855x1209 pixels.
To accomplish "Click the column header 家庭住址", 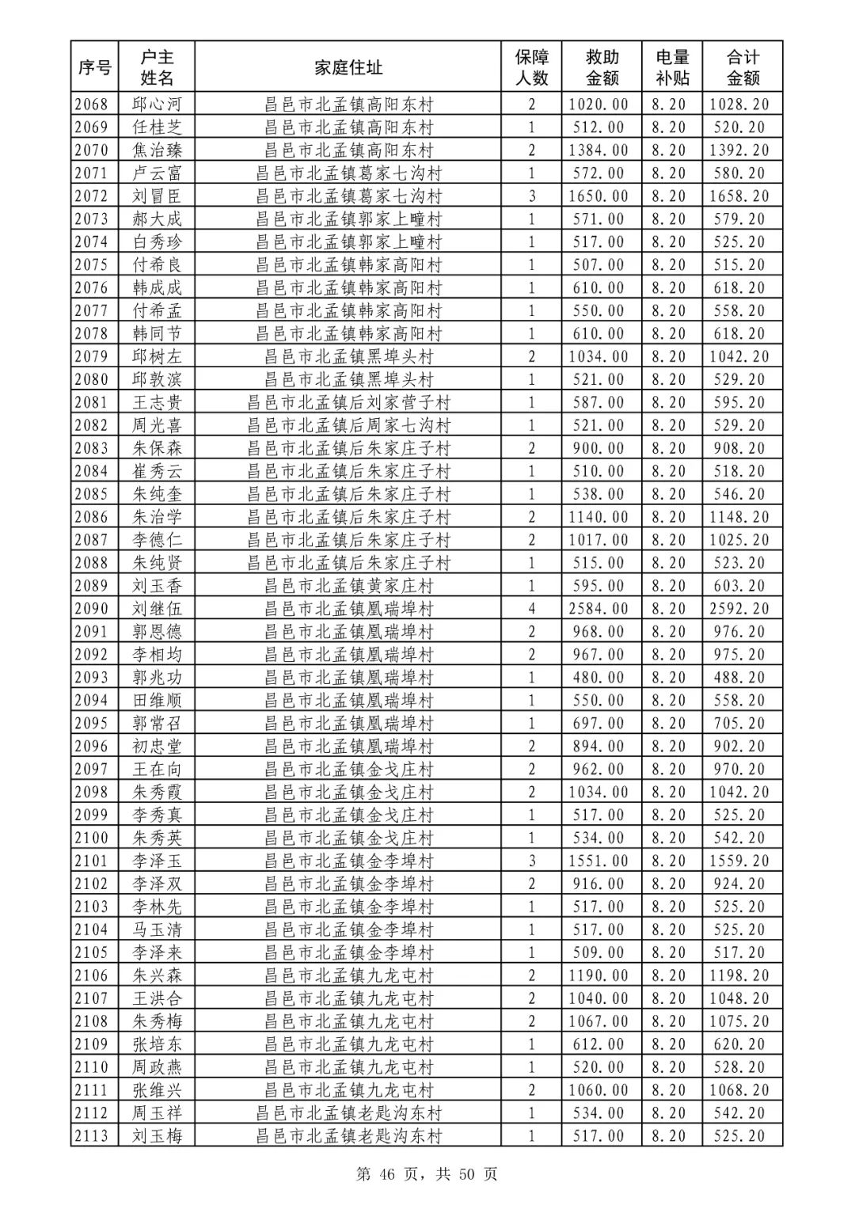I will pos(348,68).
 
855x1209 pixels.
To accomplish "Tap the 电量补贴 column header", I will pos(672,68).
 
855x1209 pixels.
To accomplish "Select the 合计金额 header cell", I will pos(743,68).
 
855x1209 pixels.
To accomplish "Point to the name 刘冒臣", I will pos(157,196).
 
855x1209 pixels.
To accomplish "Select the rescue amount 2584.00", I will pos(598,609).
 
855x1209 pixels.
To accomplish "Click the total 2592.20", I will pos(739,609).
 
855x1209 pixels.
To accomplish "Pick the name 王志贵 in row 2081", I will pos(157,402).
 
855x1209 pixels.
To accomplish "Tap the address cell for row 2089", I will pos(348,586).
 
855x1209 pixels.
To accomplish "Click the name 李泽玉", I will pos(157,861).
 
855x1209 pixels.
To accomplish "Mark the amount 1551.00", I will pos(598,861).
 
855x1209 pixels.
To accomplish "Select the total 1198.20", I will pos(739,975).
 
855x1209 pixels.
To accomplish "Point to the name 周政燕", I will pos(157,1067).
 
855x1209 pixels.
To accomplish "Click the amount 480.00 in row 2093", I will pos(598,678).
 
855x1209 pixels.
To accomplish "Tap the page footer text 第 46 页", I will pos(387,1174).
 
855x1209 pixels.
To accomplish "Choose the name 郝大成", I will pos(157,219).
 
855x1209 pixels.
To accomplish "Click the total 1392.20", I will pos(739,150).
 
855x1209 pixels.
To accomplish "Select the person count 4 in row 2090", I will pos(532,609).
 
